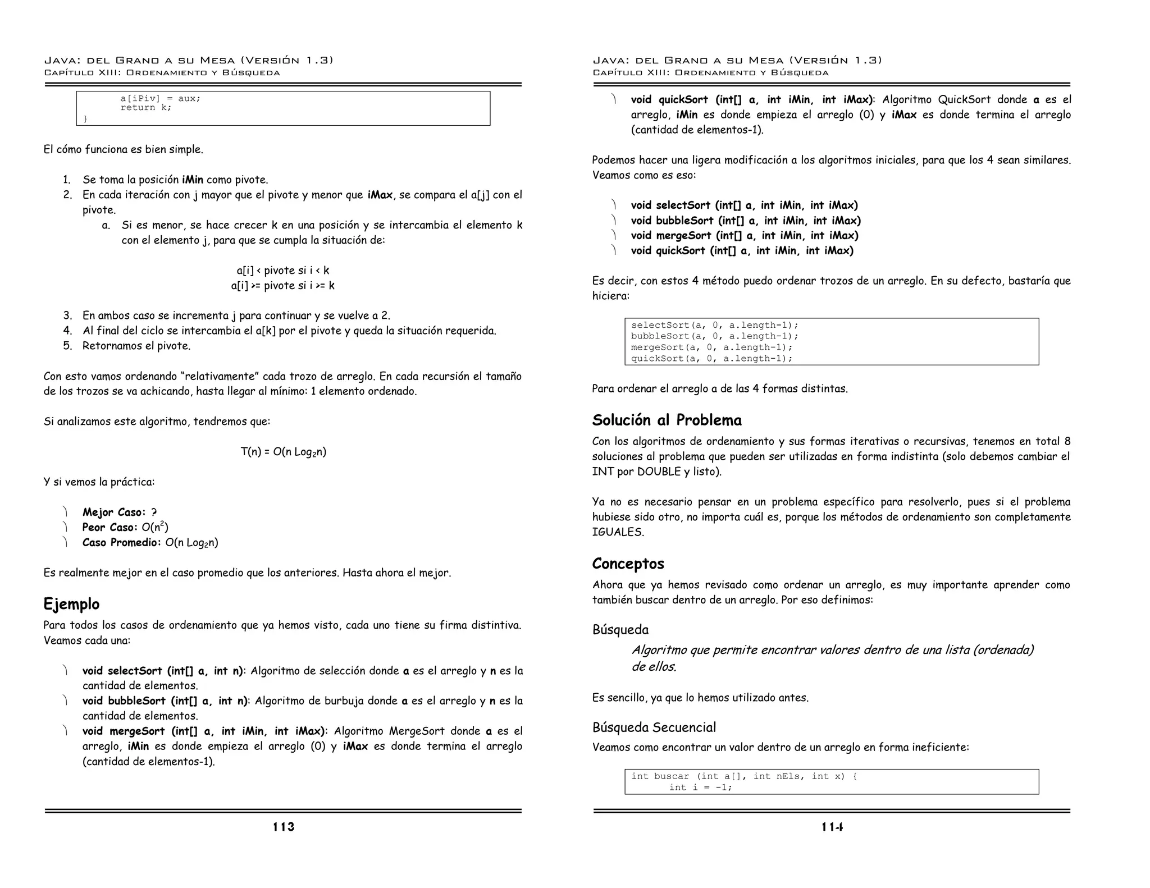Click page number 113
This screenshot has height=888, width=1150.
[284, 827]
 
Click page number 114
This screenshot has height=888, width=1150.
[832, 827]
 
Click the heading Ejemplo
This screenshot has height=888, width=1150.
[71, 604]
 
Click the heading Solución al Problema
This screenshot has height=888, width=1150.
[667, 420]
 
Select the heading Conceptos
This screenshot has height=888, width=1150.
[628, 564]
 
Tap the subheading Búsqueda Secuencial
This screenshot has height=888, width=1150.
[654, 727]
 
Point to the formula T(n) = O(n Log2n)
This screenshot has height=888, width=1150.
[284, 452]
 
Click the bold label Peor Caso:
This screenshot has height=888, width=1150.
[109, 528]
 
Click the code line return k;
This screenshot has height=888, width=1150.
[145, 108]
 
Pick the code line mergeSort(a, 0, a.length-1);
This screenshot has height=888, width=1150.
[711, 347]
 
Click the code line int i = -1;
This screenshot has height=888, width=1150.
[700, 788]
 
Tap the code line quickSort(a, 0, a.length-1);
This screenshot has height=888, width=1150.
[711, 359]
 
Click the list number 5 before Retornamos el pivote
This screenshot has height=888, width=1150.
[67, 346]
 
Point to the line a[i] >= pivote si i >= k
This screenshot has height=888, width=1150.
[283, 286]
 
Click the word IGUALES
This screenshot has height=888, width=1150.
[617, 532]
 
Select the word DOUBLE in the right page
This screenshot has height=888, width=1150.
[659, 472]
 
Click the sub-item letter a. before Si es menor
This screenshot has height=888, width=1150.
[106, 226]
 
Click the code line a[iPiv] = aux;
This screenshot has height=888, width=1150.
[160, 98]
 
